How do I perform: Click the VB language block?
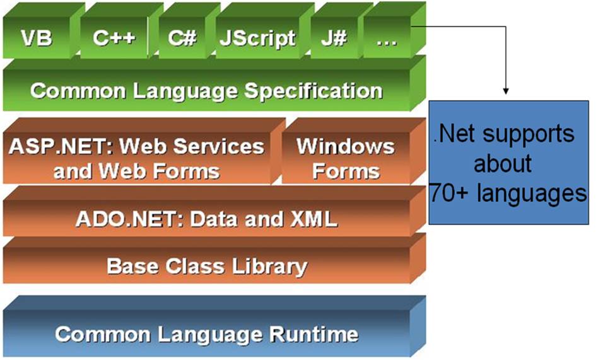pos(36,38)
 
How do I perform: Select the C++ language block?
pos(114,38)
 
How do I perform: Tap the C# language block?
pos(182,38)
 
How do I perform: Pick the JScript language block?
pos(257,38)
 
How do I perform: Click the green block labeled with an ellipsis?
pos(386,38)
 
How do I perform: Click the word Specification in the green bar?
pos(313,91)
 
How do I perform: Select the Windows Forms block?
pos(346,158)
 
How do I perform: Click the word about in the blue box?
pos(503,163)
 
